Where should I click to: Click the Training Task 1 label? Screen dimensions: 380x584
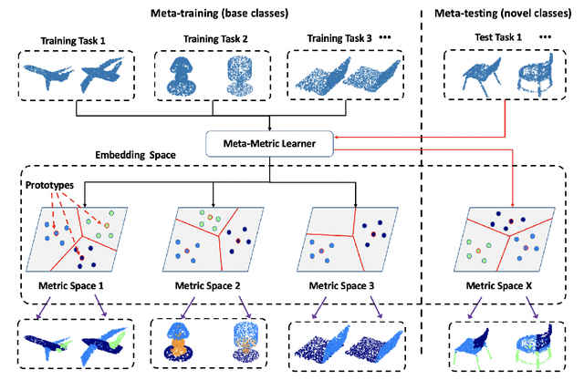76,40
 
